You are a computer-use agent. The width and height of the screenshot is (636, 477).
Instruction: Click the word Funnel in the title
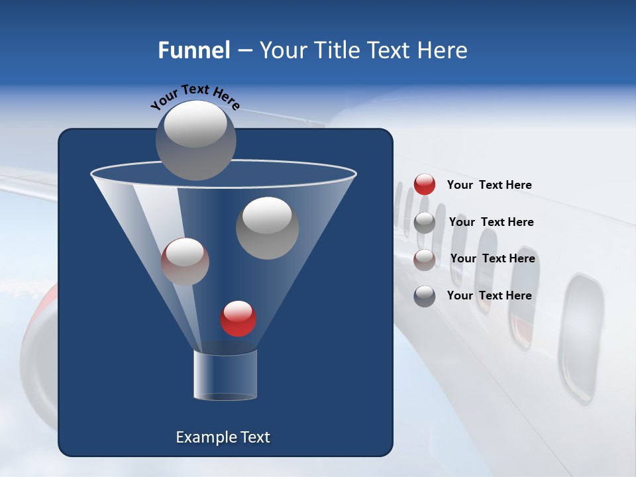coord(193,50)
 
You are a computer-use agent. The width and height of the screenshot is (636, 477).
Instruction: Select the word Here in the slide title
coord(443,50)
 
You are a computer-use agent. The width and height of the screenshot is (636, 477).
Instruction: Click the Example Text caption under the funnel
coord(223,437)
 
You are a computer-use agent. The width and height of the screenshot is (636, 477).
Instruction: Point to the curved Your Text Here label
coord(195,97)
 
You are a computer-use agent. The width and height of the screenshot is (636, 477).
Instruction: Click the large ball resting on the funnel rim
coord(195,140)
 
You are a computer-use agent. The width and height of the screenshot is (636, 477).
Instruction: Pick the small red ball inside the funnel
coord(238,319)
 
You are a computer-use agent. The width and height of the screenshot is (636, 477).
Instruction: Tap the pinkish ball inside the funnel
coord(185,262)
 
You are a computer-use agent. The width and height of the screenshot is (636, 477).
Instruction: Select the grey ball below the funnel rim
coord(267,228)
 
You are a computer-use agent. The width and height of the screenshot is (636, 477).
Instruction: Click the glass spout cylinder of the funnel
coord(225,375)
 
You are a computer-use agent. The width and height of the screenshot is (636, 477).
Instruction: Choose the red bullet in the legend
coord(425,185)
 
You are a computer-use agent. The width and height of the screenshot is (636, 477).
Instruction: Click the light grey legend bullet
coord(425,223)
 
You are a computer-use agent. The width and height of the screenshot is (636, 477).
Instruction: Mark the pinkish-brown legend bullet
coord(425,259)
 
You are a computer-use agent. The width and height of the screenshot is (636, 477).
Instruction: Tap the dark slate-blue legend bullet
coord(425,296)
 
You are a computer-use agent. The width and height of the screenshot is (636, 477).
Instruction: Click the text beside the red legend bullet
coord(489,185)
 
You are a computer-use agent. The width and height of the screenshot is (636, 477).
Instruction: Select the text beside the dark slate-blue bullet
coord(489,295)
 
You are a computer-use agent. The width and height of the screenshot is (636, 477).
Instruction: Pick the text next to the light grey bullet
coord(491,222)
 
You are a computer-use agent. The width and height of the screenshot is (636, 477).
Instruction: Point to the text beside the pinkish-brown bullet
coord(492,258)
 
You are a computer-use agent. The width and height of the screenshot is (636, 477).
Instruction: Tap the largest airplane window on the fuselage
coord(580,338)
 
